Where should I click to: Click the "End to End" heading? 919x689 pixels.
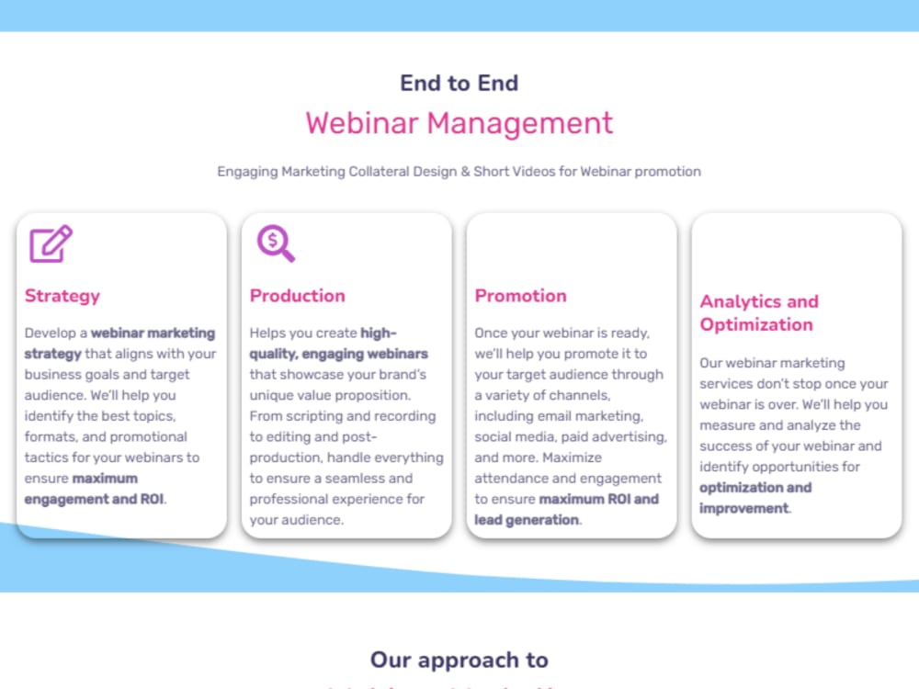click(459, 83)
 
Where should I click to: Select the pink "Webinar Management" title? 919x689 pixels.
click(459, 123)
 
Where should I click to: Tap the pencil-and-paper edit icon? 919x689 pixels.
click(51, 243)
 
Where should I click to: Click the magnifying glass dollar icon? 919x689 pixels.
click(276, 243)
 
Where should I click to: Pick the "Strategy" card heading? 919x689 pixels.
click(62, 296)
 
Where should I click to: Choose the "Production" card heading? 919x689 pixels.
click(298, 296)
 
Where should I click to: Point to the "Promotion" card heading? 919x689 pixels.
click(521, 296)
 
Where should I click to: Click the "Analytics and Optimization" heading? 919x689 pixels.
click(759, 313)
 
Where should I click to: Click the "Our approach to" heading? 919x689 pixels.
click(459, 660)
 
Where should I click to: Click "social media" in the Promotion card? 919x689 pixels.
click(515, 436)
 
